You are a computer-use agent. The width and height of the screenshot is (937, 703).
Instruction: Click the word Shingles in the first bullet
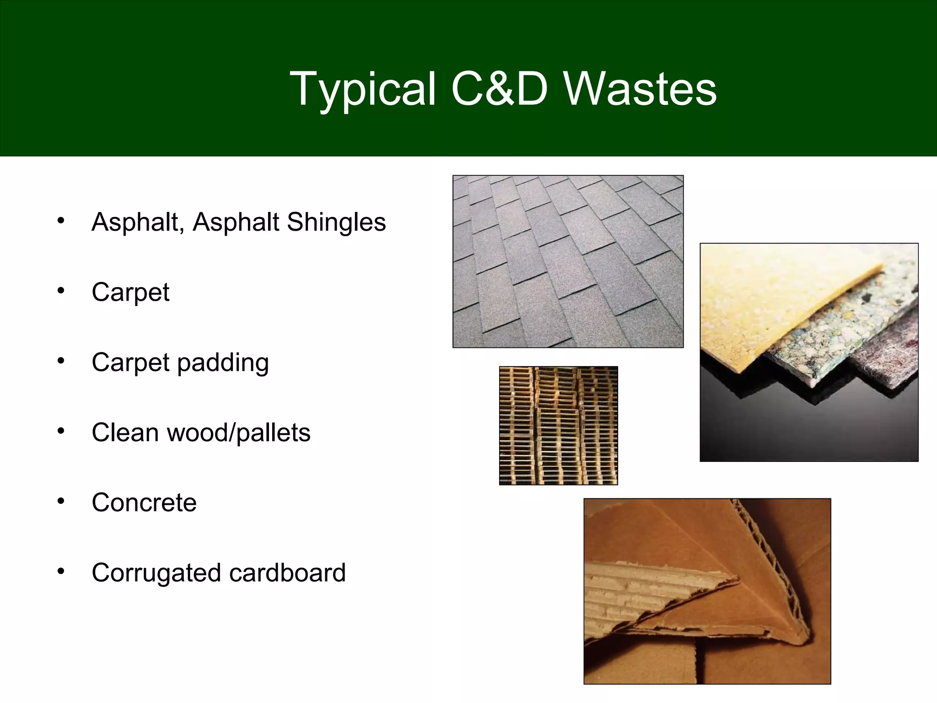click(x=336, y=223)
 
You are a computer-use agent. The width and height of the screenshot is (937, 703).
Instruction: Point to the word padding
click(x=223, y=363)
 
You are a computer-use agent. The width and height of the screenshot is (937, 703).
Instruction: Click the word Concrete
click(x=144, y=503)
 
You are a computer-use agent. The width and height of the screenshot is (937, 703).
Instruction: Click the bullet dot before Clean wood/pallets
click(x=61, y=431)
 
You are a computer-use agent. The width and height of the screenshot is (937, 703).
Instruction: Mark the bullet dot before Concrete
click(x=61, y=501)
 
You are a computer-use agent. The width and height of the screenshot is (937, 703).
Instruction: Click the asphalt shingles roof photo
click(x=568, y=261)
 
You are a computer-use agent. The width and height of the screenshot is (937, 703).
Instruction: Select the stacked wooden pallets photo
click(x=558, y=425)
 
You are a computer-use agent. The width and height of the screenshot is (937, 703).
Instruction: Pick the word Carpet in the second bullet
click(x=130, y=293)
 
